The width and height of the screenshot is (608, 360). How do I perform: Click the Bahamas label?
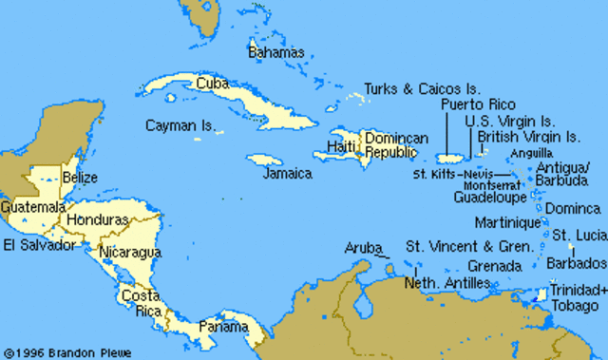pos(275,52)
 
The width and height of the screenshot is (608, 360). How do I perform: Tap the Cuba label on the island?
pos(212,84)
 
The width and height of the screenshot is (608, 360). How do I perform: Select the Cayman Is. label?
pos(180,124)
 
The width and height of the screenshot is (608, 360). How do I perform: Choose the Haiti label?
pos(340,146)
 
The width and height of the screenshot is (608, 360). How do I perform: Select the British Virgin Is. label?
pos(528,137)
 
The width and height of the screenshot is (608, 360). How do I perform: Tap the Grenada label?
pos(494,266)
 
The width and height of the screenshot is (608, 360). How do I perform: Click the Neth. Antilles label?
pos(446,283)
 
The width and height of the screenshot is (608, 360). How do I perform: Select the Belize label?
pos(79,178)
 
